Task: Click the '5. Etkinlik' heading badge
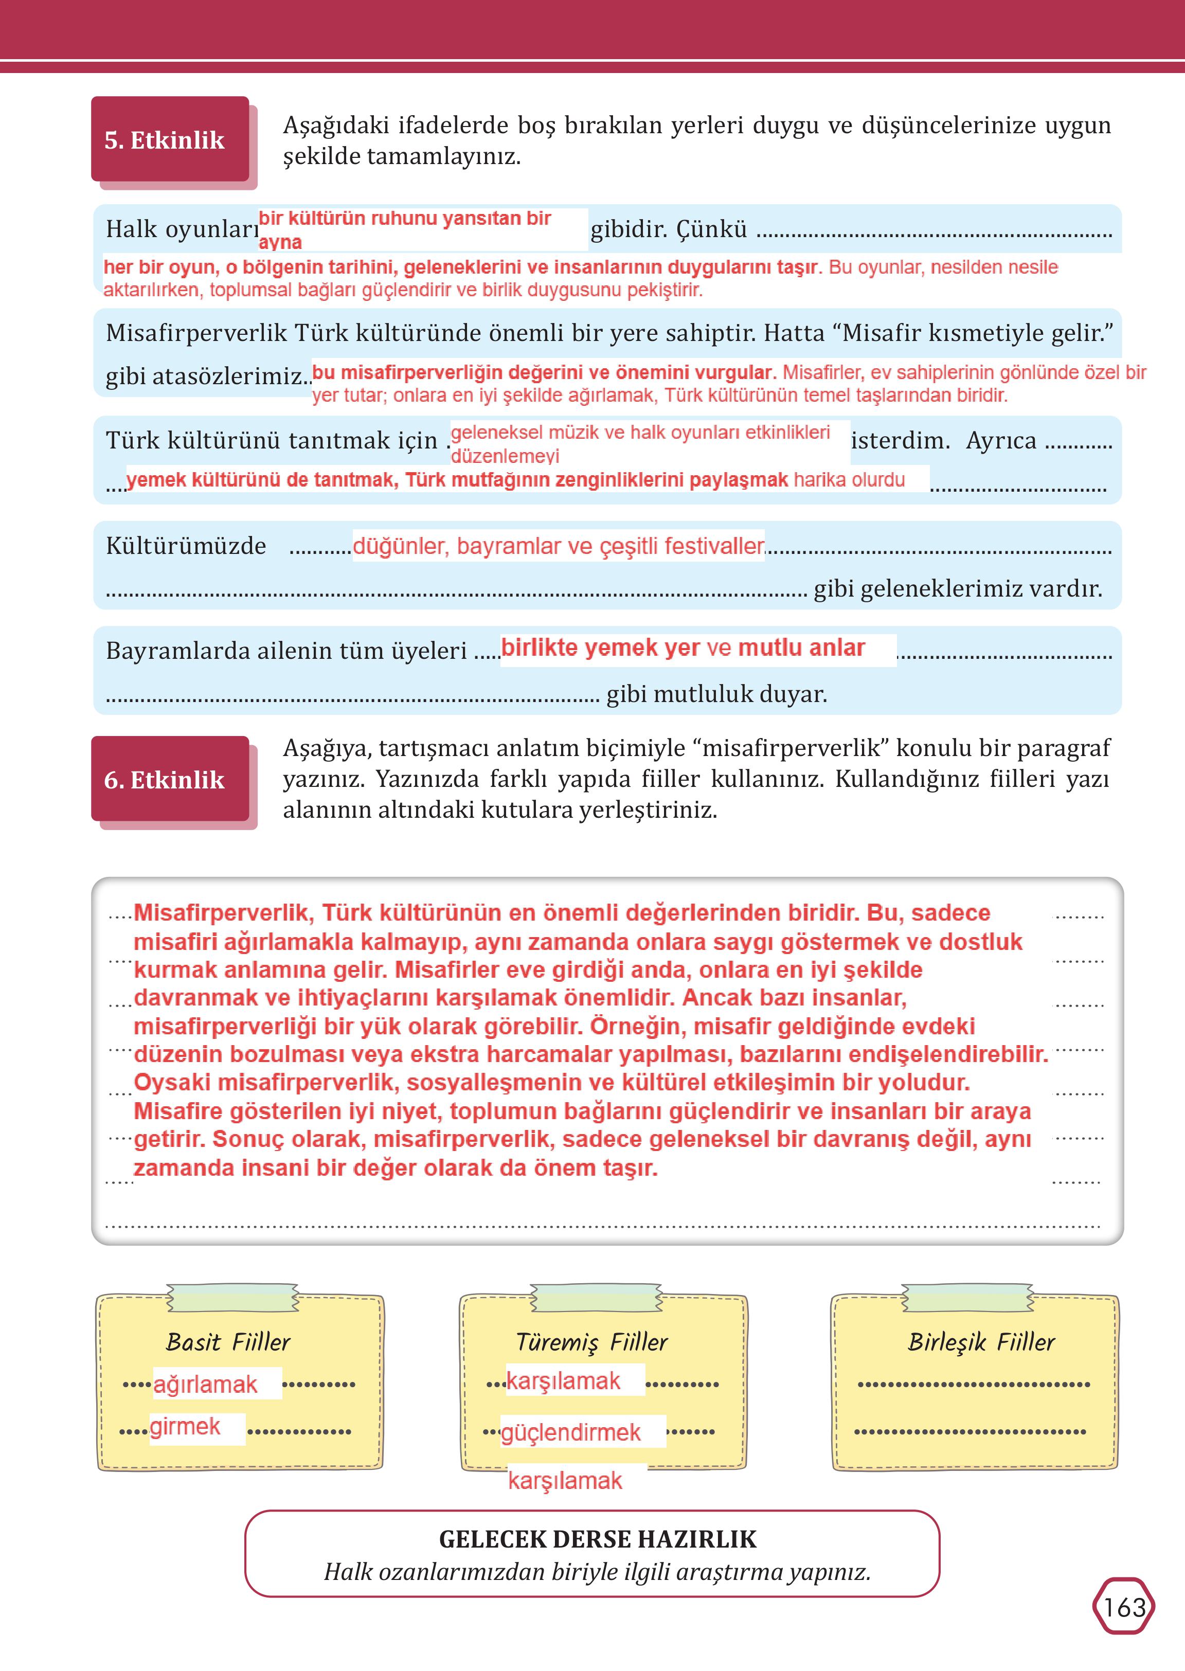[x=165, y=140]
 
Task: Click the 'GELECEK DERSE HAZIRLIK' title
[x=598, y=1539]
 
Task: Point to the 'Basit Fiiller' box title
[x=228, y=1342]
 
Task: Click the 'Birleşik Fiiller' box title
[x=981, y=1342]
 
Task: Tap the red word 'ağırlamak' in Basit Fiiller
[x=205, y=1384]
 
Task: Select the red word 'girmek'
[x=185, y=1426]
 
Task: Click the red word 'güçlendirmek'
[x=570, y=1432]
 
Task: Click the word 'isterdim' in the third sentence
[x=900, y=441]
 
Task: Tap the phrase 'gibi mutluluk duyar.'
[x=716, y=693]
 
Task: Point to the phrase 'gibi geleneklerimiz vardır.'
[x=957, y=588]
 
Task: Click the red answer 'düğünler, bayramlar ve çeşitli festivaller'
[x=558, y=546]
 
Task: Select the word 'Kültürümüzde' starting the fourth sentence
[x=186, y=546]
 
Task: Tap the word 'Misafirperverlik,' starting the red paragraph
[x=224, y=913]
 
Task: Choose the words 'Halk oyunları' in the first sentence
[x=182, y=229]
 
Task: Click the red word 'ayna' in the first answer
[x=280, y=242]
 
